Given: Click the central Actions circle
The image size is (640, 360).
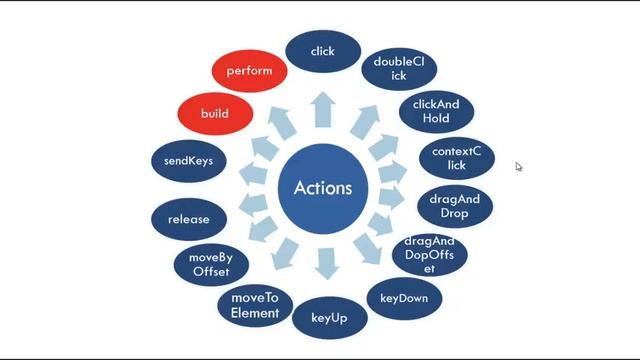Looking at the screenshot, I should (x=323, y=188).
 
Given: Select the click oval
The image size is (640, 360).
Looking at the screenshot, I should (x=323, y=51).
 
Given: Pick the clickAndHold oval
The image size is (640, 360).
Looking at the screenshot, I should (x=436, y=110).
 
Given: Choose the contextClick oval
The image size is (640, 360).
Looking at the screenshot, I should (x=456, y=158).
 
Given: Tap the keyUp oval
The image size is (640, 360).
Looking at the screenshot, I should (x=329, y=318).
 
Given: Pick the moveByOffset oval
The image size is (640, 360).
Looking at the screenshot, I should (x=209, y=264).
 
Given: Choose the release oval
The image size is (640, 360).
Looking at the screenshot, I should (x=189, y=219).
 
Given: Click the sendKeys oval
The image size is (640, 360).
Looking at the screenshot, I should (x=189, y=160).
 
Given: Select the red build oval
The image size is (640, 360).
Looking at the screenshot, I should (x=215, y=113).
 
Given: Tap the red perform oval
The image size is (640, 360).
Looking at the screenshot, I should (x=250, y=72).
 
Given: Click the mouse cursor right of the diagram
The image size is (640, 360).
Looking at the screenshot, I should (x=519, y=167).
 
